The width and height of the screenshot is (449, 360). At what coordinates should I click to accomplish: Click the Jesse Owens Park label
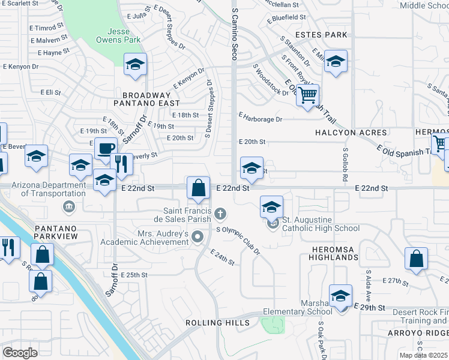coord(118,35)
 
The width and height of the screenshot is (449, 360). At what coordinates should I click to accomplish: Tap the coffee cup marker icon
coord(106,149)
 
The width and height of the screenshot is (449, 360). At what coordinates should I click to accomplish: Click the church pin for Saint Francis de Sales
coord(221,214)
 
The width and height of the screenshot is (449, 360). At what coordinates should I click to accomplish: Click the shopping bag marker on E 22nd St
coord(198,188)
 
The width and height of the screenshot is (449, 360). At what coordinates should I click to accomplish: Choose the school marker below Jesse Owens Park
coord(136,65)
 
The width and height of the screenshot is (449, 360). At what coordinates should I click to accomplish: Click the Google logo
coord(20,352)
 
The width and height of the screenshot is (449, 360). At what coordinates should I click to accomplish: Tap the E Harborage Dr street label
coord(260,118)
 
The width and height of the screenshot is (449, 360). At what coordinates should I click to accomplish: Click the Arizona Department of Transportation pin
coord(69,207)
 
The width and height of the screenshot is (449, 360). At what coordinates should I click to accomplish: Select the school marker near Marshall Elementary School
coord(340,296)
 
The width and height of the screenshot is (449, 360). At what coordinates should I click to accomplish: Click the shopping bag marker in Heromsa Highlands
coord(416,259)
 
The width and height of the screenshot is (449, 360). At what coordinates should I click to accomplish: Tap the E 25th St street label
coord(134,275)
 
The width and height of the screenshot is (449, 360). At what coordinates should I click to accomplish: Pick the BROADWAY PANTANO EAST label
coord(147,100)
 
